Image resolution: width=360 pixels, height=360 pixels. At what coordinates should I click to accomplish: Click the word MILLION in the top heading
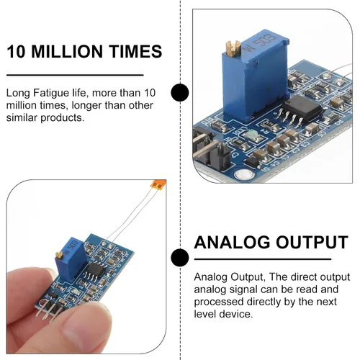click(68, 51)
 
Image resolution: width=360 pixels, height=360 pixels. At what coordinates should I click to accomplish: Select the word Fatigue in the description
click(49, 94)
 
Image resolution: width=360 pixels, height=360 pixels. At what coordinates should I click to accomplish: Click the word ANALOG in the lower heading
click(232, 242)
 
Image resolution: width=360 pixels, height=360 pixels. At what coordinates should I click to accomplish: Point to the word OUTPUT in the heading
click(312, 242)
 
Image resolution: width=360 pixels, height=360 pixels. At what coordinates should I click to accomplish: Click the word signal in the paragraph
click(243, 289)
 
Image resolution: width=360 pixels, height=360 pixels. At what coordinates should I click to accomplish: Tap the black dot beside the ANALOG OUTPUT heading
click(180, 258)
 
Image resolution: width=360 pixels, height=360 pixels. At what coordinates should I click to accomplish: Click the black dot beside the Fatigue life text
click(180, 92)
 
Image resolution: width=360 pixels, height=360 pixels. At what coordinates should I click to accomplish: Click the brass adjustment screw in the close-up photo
click(233, 48)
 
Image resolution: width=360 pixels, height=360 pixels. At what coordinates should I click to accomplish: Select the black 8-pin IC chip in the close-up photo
click(300, 109)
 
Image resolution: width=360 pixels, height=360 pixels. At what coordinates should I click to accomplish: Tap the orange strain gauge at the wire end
click(158, 184)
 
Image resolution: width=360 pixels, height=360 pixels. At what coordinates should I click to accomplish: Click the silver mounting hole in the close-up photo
click(244, 175)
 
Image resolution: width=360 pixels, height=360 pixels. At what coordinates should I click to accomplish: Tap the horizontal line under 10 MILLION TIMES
click(75, 75)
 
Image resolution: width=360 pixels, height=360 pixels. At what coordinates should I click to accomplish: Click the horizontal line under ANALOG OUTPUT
click(263, 259)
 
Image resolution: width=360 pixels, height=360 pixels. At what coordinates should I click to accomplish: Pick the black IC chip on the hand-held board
click(96, 270)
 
